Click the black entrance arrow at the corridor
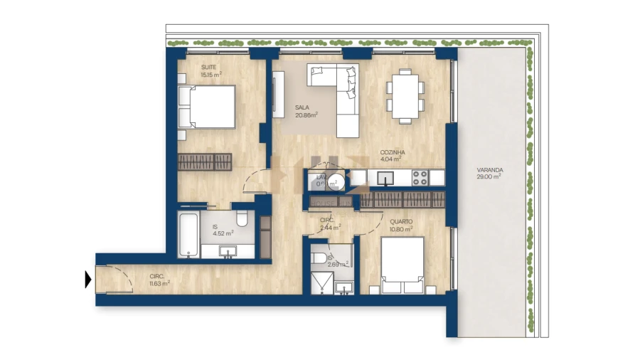[x=88, y=280]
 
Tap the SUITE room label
[x=189, y=66]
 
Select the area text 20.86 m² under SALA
[x=306, y=115]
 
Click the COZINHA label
[x=393, y=152]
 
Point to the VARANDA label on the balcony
[x=491, y=170]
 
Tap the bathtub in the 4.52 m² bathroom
[x=188, y=233]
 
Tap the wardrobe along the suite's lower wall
[x=205, y=162]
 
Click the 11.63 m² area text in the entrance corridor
[x=160, y=283]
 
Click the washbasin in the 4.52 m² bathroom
[x=229, y=250]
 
